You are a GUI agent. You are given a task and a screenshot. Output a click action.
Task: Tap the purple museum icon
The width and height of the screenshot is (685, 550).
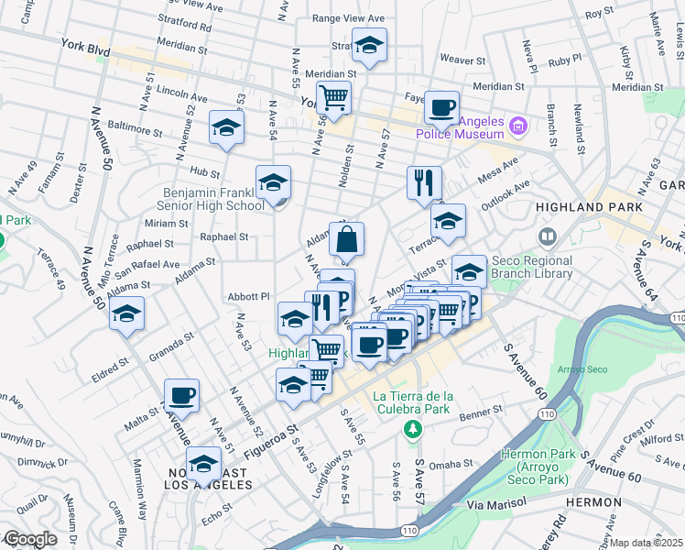coord(518,125)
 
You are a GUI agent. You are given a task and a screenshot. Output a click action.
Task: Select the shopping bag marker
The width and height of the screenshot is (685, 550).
coord(347,241)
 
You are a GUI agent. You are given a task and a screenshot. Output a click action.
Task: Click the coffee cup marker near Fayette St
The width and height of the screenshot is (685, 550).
coord(441,107)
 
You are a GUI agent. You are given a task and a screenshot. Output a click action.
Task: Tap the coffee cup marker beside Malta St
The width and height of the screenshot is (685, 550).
coord(181,395)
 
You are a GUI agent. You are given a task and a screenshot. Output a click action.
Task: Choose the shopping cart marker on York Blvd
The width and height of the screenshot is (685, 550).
coord(333,96)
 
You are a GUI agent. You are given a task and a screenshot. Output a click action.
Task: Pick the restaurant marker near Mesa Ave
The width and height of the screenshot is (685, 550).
coord(424,182)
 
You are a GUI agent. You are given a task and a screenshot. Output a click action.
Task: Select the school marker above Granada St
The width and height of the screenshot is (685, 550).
coord(126,313)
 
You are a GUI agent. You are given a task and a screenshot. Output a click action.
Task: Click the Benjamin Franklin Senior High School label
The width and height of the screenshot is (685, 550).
coord(213,199)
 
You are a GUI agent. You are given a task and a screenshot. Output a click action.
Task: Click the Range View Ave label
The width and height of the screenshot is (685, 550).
coord(345,17)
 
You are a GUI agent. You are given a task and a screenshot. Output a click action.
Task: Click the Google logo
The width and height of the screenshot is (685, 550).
coord(29,539)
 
